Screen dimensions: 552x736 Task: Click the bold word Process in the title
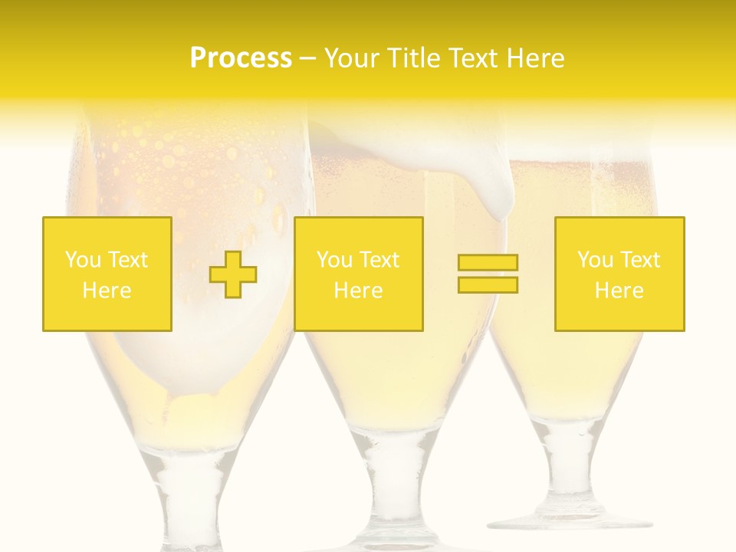pyautogui.click(x=241, y=58)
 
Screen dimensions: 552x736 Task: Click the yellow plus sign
pyautogui.click(x=233, y=274)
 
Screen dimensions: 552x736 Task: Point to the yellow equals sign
pyautogui.click(x=488, y=274)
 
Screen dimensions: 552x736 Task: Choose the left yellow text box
pyautogui.click(x=107, y=274)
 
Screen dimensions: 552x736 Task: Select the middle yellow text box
pyautogui.click(x=358, y=274)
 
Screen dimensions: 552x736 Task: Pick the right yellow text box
pyautogui.click(x=619, y=274)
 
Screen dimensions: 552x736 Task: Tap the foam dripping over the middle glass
pyautogui.click(x=491, y=184)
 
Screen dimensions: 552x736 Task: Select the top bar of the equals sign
pyautogui.click(x=488, y=263)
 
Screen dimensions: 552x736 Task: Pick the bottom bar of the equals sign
pyautogui.click(x=488, y=284)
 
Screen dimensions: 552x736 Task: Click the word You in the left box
pyautogui.click(x=83, y=260)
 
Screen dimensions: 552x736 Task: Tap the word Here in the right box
pyautogui.click(x=619, y=291)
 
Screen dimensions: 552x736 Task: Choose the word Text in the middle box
pyautogui.click(x=380, y=260)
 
